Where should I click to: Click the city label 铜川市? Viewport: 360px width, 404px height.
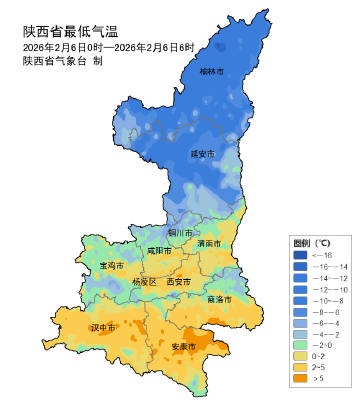pyautogui.click(x=178, y=231)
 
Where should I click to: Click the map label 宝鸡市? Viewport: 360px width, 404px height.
pyautogui.click(x=112, y=266)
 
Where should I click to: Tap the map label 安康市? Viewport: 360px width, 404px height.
pyautogui.click(x=183, y=346)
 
